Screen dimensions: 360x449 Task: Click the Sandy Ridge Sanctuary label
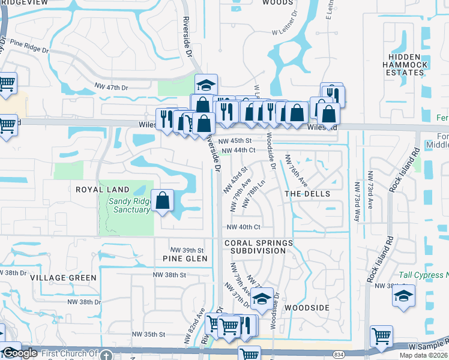coord(130,205)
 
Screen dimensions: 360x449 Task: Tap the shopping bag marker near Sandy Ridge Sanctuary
coord(163,200)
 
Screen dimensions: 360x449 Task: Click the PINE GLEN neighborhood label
coord(185,259)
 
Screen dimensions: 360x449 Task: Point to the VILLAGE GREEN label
coord(63,278)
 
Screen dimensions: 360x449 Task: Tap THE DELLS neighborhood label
coord(307,194)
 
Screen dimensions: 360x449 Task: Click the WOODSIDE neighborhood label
coord(307,307)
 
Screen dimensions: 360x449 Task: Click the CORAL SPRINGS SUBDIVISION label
coord(259,247)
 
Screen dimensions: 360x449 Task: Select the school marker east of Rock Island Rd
coord(403,296)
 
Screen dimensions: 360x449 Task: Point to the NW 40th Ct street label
coord(243,227)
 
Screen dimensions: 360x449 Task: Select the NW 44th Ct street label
coord(238,151)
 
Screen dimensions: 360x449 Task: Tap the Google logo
coord(20,353)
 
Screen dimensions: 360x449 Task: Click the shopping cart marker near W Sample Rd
coord(381,337)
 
